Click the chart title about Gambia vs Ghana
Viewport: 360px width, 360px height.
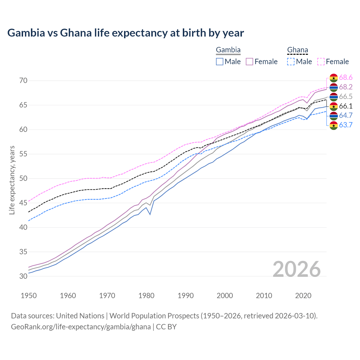coord(125,33)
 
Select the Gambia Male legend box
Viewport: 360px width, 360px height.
coord(220,62)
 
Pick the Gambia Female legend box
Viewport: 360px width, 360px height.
coord(249,62)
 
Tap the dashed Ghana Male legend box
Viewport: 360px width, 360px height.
coord(291,62)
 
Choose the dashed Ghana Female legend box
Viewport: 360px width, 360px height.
coord(321,62)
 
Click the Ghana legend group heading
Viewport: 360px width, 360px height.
coord(298,50)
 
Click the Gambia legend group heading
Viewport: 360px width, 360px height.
coord(228,50)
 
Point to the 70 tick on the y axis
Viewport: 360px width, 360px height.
coord(23,81)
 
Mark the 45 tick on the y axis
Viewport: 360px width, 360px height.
coord(23,203)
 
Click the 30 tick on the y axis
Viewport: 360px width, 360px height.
coord(23,276)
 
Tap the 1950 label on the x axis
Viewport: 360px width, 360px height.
coord(29,296)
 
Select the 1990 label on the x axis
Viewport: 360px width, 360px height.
coord(186,296)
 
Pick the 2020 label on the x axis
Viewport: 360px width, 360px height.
coord(303,296)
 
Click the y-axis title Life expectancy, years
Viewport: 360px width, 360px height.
coord(12,180)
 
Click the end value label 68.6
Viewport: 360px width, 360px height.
coord(346,78)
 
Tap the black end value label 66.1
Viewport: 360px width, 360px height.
coord(346,106)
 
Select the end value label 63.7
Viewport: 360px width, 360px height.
coord(346,125)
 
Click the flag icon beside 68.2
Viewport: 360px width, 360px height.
coord(334,87)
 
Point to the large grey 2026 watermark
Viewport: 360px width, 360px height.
coord(297,269)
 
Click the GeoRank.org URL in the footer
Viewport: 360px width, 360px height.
coord(81,327)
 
